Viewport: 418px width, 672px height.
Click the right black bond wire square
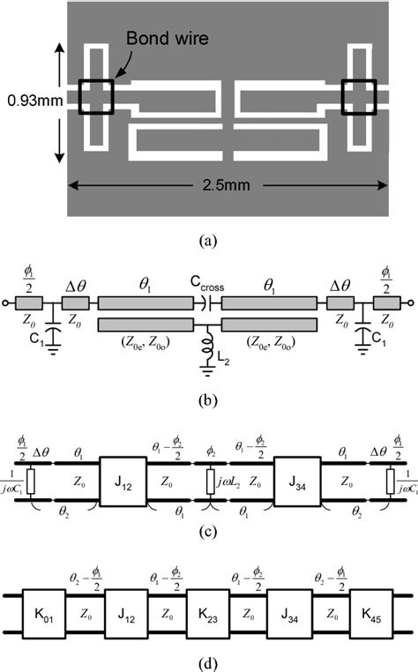pyautogui.click(x=359, y=94)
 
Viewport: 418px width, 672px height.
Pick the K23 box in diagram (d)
pyautogui.click(x=208, y=613)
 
